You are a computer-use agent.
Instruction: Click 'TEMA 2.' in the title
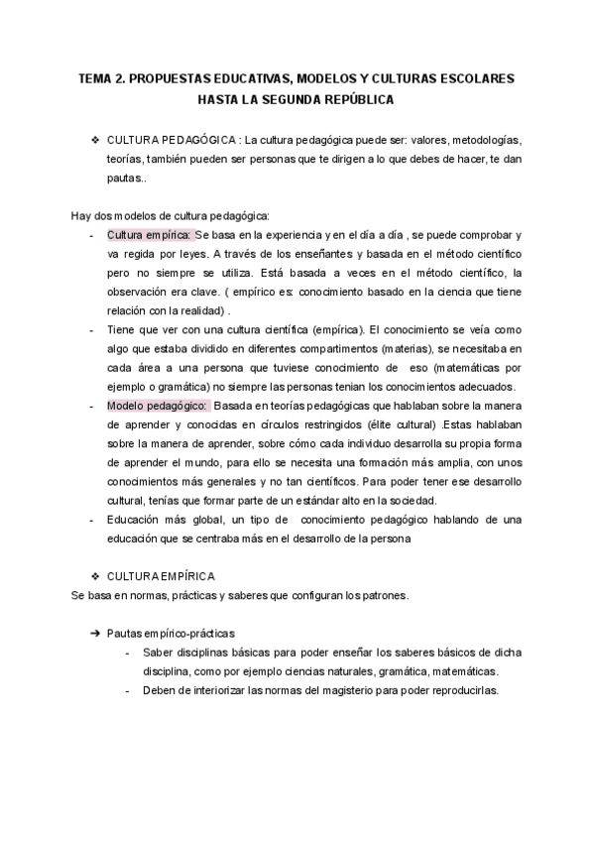(104, 78)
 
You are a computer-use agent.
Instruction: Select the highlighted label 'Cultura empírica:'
(149, 235)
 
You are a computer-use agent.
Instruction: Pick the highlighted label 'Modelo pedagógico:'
(157, 405)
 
